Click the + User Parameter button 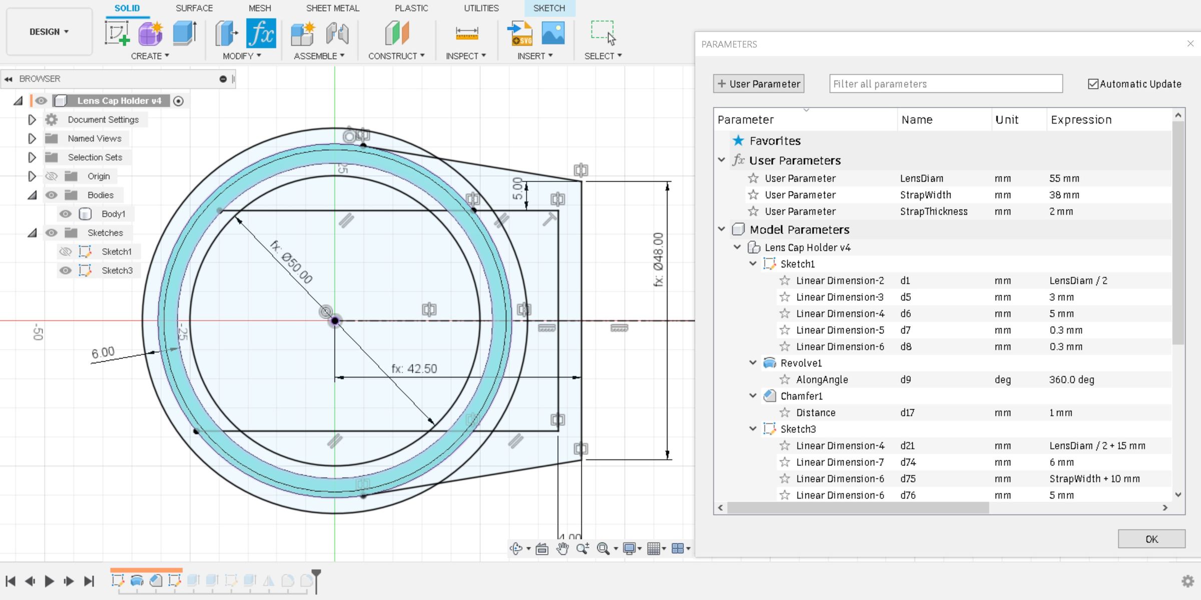[759, 84]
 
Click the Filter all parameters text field [945, 84]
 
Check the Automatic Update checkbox [1093, 84]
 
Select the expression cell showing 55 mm [1064, 179]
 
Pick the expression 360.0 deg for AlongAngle [1071, 380]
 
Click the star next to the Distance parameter [785, 413]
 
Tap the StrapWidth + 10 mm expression [1094, 479]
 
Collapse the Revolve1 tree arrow [753, 363]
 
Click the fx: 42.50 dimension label [414, 369]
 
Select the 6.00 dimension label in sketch [103, 352]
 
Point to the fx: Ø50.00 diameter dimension [291, 262]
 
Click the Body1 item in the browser [113, 214]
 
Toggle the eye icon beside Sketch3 [65, 271]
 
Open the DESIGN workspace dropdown [49, 32]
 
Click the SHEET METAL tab [332, 8]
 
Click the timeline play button [49, 581]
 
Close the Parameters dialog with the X [1190, 44]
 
